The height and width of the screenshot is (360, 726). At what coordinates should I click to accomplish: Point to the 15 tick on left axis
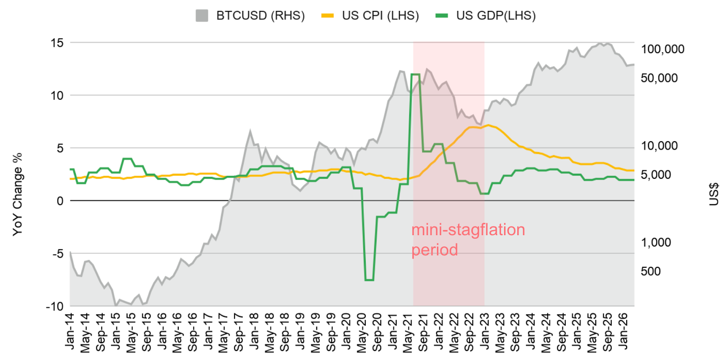(57, 43)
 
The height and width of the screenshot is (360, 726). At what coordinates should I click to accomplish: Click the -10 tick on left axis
(54, 306)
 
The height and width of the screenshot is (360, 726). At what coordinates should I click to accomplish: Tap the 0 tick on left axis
(60, 201)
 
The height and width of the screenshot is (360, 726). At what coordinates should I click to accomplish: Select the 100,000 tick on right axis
(662, 49)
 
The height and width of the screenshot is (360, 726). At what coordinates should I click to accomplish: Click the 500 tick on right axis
(651, 271)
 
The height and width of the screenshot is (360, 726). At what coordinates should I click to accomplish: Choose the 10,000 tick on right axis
(659, 146)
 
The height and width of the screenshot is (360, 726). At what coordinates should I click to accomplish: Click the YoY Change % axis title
(17, 194)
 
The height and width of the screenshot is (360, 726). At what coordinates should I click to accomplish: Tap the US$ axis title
(713, 194)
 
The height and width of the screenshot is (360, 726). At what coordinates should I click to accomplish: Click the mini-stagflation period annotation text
(467, 239)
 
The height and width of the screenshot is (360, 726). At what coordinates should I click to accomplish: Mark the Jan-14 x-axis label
(70, 332)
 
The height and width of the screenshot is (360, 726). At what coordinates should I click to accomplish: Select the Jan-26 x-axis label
(623, 331)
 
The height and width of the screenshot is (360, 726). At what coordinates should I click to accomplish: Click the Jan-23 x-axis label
(485, 332)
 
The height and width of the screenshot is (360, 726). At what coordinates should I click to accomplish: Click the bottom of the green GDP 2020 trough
(369, 280)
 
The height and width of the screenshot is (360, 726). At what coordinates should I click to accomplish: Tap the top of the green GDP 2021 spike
(415, 74)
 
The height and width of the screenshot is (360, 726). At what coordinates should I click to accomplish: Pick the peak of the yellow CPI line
(488, 125)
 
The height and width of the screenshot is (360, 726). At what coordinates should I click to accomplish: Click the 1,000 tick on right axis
(656, 242)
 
